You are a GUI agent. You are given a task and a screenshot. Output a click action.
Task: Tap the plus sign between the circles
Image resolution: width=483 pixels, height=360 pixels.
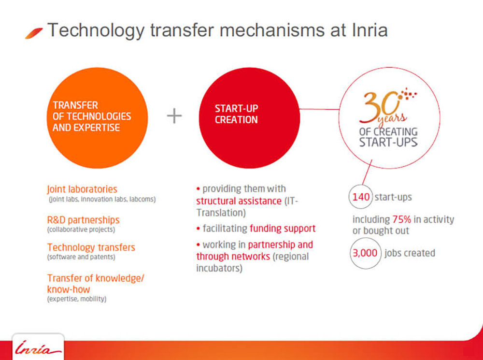click(x=174, y=116)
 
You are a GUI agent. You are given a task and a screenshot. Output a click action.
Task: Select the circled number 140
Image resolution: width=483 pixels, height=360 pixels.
click(x=361, y=197)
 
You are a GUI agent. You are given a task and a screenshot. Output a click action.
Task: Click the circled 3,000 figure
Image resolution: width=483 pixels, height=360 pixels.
click(x=365, y=253)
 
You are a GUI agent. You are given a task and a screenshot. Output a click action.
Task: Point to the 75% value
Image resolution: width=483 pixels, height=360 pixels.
click(x=402, y=219)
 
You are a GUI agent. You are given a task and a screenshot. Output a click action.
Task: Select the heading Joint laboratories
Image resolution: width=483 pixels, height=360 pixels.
click(x=82, y=189)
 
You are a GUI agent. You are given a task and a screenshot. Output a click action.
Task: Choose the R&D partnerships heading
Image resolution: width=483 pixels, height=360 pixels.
click(x=83, y=220)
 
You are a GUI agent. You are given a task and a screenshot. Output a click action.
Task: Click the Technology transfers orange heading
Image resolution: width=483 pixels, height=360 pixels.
click(x=91, y=247)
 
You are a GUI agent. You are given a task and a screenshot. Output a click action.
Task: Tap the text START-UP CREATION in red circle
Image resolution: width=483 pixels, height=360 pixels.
click(x=236, y=114)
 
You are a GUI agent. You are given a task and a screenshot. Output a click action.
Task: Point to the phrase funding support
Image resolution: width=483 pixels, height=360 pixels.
click(x=283, y=229)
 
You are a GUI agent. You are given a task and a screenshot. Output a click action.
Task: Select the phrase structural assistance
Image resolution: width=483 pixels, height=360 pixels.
click(x=239, y=201)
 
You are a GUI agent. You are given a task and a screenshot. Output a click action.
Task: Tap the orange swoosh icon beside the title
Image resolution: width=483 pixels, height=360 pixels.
click(x=34, y=33)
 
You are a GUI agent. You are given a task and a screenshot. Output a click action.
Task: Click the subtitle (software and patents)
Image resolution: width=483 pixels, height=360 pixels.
click(x=81, y=257)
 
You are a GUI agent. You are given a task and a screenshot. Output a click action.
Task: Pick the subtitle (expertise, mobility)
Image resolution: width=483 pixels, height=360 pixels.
click(x=77, y=299)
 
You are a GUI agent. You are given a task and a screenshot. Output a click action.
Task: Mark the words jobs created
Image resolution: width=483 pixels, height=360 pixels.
click(x=410, y=253)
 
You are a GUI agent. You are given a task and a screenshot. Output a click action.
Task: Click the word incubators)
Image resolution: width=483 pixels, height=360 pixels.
click(x=219, y=268)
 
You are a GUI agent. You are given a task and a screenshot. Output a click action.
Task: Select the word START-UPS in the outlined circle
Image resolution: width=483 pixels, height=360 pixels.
click(x=388, y=142)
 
